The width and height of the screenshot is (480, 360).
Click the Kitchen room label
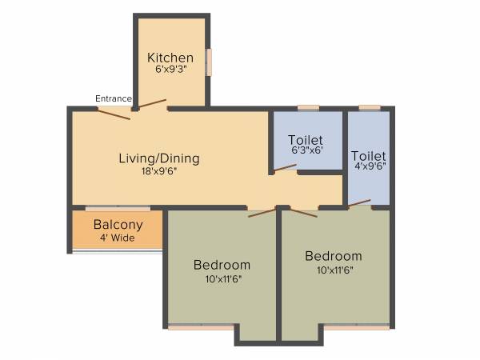tap(170, 58)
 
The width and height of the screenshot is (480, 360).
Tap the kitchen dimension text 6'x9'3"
tap(170, 70)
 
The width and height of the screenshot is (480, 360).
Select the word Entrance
tap(114, 98)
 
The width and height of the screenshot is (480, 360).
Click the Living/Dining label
tap(159, 158)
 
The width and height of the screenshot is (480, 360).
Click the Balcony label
tap(118, 225)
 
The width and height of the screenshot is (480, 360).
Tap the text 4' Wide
tap(118, 238)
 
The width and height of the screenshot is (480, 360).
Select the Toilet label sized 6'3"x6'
tap(305, 141)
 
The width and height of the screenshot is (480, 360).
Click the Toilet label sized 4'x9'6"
tap(368, 156)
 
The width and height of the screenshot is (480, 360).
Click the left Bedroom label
tap(222, 265)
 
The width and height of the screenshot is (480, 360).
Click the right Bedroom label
tap(333, 256)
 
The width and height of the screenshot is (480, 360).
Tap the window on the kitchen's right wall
tap(209, 62)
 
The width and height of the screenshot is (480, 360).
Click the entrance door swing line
tap(114, 114)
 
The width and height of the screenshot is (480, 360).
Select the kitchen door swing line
tap(152, 104)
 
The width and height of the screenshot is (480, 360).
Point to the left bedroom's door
tap(262, 213)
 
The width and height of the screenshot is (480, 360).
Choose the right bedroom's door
tap(304, 212)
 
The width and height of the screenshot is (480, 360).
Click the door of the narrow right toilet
tap(359, 203)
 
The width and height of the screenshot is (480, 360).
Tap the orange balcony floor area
tap(118, 230)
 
